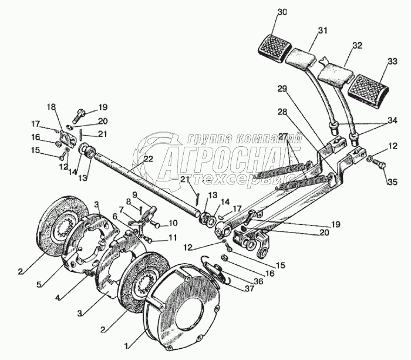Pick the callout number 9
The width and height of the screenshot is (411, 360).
[x=134, y=194]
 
